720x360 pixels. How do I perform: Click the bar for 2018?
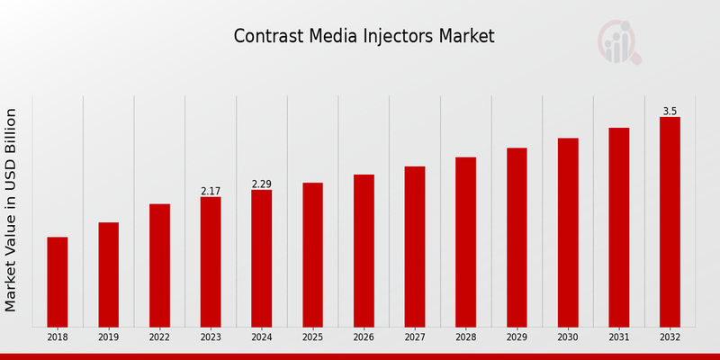58,282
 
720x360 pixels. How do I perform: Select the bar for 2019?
108,274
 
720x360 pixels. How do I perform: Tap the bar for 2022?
159,265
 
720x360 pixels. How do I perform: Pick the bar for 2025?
312,255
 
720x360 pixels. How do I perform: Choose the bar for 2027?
414,247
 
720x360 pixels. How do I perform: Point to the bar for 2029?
517,238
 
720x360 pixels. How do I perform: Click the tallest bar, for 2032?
670,221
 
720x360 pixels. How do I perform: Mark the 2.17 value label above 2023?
211,191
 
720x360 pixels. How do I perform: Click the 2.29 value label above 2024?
262,184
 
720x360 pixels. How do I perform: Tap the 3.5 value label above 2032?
670,111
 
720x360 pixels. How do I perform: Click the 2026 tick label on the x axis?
364,337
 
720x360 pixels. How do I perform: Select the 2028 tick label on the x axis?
465,337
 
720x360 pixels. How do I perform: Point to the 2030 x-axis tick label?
568,337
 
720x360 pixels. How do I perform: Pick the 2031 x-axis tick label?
618,337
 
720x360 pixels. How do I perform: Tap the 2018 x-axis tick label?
58,337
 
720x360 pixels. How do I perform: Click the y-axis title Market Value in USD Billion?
12,210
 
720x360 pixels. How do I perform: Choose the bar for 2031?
618,227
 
